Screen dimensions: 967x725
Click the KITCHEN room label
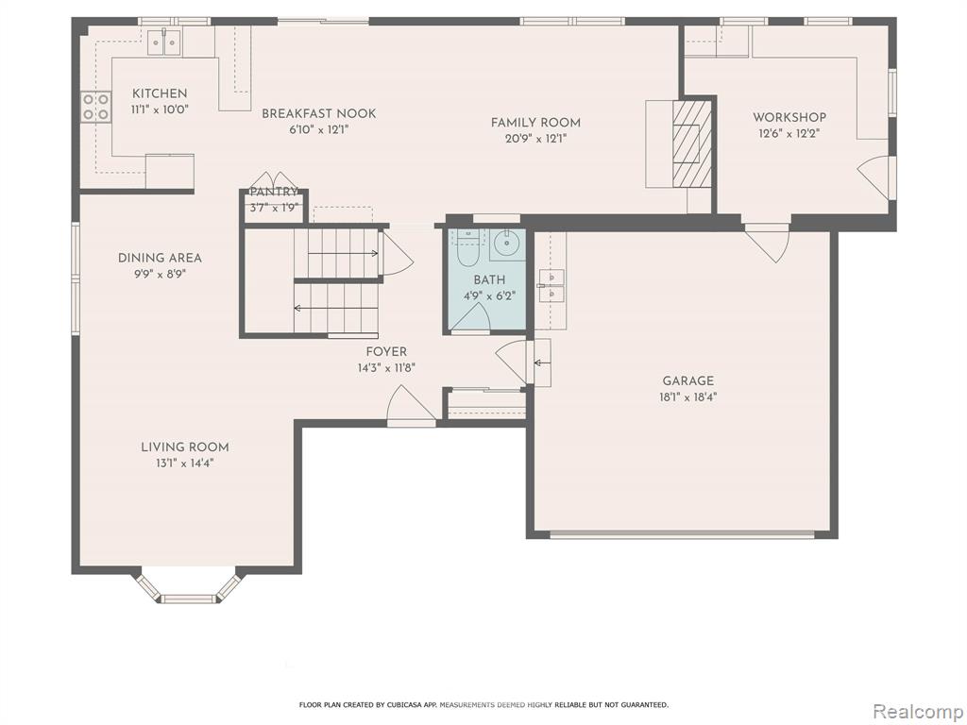pyautogui.click(x=160, y=93)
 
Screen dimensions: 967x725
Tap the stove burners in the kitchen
pyautogui.click(x=96, y=106)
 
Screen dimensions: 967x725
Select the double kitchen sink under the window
pyautogui.click(x=165, y=42)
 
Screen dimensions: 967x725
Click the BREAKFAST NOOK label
pyautogui.click(x=319, y=113)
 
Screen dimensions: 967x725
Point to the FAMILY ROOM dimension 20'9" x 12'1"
pyautogui.click(x=535, y=139)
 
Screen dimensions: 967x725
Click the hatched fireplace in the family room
pyautogui.click(x=692, y=144)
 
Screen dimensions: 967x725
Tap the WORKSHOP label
pyautogui.click(x=789, y=117)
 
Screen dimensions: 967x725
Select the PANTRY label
pyautogui.click(x=274, y=192)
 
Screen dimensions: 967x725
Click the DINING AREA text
pyautogui.click(x=160, y=258)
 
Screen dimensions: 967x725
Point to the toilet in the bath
pyautogui.click(x=469, y=246)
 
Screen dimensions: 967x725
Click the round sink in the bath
pyautogui.click(x=507, y=244)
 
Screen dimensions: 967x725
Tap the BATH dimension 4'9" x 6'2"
pyautogui.click(x=490, y=295)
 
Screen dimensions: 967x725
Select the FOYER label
pyautogui.click(x=386, y=352)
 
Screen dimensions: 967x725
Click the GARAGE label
pyautogui.click(x=688, y=381)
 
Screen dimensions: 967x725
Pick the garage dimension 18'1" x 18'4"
pyautogui.click(x=688, y=397)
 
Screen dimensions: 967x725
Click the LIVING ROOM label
pyautogui.click(x=185, y=447)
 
